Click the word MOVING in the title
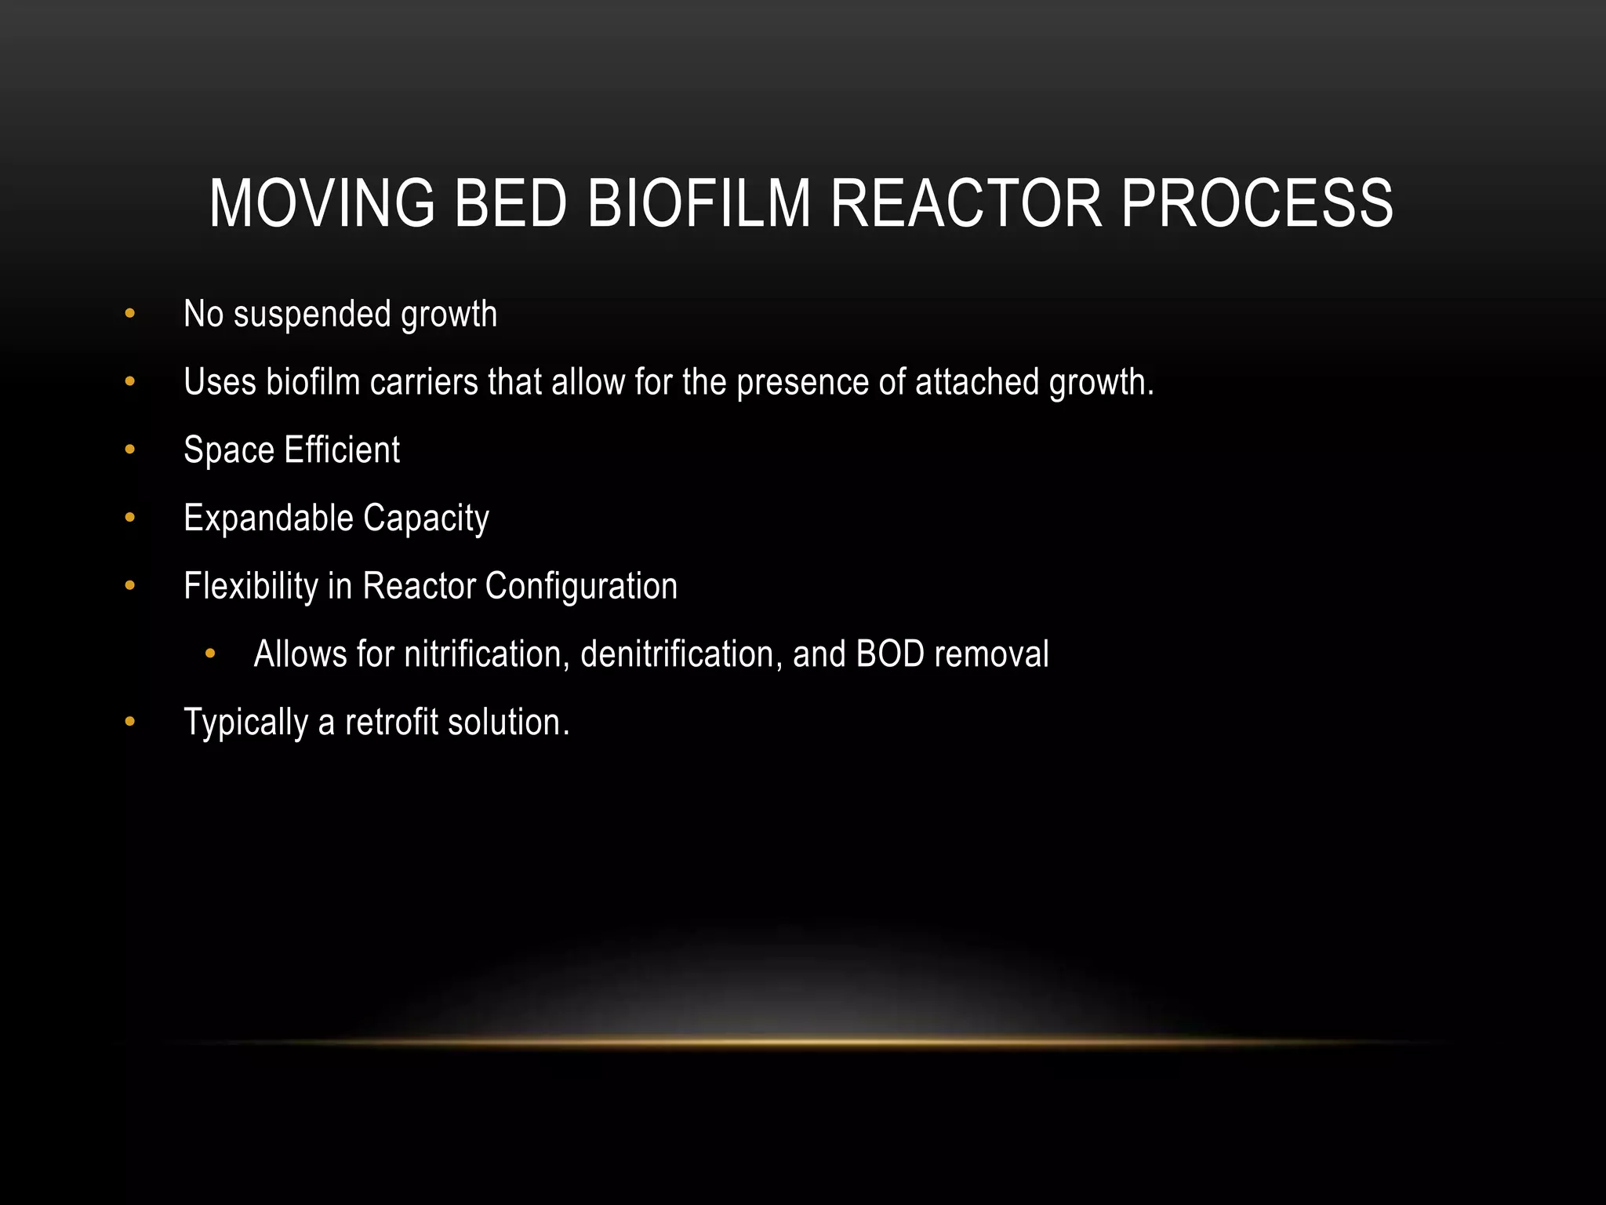pos(322,204)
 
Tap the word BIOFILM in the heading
pos(699,204)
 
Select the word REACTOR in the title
pos(965,204)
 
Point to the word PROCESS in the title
pos(1257,204)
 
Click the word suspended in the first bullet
pos(312,315)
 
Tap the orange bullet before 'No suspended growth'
pos(130,315)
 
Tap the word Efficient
pos(342,450)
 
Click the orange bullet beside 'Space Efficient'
pos(130,450)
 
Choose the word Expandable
pos(268,518)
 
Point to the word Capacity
pos(426,519)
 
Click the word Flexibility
pos(250,587)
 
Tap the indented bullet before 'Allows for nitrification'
pos(209,654)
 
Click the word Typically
pos(245,723)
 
